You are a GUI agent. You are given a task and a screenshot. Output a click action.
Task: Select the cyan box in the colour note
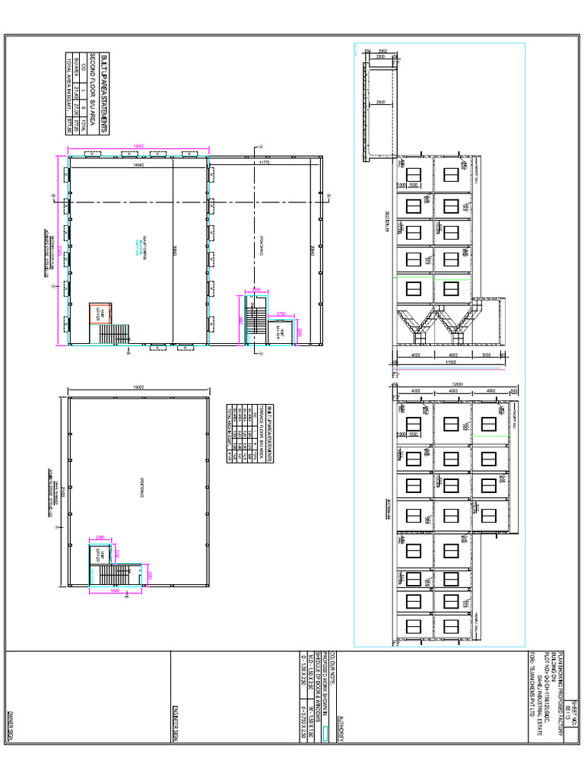pyautogui.click(x=325, y=734)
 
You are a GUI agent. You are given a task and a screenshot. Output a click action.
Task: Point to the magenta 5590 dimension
pyautogui.click(x=115, y=590)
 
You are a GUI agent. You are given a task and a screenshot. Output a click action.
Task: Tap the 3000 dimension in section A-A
pyautogui.click(x=488, y=355)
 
